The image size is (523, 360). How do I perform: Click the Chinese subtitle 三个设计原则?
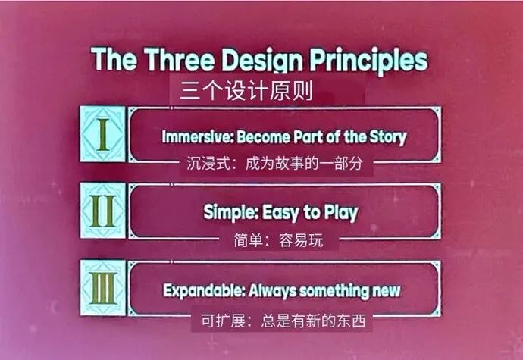click(x=246, y=92)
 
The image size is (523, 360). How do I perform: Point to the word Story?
click(x=389, y=137)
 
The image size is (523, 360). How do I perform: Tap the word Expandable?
click(x=197, y=290)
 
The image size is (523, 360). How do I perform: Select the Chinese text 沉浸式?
click(x=206, y=162)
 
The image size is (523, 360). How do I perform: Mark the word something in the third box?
click(x=334, y=290)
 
